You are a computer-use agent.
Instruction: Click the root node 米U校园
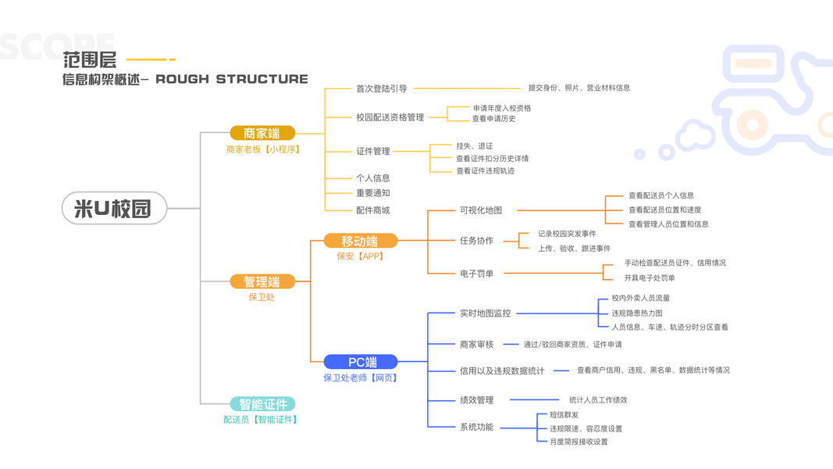point(115,209)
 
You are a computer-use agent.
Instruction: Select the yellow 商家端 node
point(262,134)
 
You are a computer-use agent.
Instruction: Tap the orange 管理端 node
point(262,281)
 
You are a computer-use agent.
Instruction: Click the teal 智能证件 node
point(262,404)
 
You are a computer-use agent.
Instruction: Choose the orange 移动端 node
point(360,241)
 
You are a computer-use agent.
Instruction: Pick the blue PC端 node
point(361,362)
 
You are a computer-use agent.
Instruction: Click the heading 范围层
point(90,59)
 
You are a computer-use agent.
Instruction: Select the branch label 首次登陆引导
point(381,89)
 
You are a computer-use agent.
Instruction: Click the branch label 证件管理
point(372,151)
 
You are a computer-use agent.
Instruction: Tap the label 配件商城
point(372,210)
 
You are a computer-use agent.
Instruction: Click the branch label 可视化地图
point(481,210)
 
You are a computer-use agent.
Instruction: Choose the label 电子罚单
point(476,274)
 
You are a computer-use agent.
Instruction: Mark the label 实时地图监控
point(485,313)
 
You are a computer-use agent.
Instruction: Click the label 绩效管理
point(476,400)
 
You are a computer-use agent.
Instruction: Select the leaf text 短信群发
point(564,415)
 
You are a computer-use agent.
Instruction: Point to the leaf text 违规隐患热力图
point(637,313)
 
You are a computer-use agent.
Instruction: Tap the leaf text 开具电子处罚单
point(650,277)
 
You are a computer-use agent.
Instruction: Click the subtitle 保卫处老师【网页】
point(361,378)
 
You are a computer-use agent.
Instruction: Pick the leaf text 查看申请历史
point(493,119)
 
